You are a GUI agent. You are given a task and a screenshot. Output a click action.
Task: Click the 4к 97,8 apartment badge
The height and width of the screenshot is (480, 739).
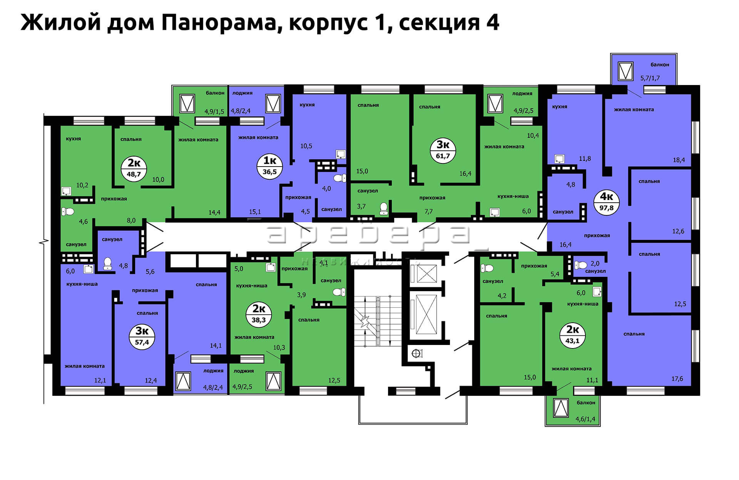(607, 202)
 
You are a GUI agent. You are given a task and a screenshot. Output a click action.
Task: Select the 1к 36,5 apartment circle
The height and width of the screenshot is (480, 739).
(269, 166)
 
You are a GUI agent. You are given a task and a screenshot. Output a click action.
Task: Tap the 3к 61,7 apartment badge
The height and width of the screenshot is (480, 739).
(443, 150)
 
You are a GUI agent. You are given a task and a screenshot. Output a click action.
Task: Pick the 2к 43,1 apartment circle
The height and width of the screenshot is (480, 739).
(572, 335)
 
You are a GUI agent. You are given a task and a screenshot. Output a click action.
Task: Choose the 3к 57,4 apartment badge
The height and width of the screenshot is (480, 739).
(142, 337)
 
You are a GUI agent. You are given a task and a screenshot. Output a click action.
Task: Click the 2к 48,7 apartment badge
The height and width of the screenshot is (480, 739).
(134, 168)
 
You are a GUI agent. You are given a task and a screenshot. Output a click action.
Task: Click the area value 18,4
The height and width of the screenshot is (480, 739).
(679, 160)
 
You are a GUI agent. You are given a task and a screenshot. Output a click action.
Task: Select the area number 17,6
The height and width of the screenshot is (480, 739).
(677, 379)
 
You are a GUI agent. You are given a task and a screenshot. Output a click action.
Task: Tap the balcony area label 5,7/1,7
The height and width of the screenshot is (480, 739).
(650, 78)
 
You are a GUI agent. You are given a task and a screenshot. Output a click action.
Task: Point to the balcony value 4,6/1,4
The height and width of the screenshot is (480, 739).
(585, 419)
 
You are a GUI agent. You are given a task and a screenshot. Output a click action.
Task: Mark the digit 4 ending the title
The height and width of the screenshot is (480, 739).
(493, 22)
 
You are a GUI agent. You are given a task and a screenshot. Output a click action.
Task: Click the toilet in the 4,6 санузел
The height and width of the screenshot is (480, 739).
(68, 212)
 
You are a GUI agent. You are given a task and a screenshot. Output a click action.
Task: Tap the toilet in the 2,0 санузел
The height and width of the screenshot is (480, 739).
(581, 265)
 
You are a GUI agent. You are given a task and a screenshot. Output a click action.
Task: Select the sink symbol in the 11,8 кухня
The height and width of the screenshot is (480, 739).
(559, 159)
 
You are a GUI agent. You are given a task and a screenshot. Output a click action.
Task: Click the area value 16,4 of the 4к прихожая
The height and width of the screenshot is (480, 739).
(565, 245)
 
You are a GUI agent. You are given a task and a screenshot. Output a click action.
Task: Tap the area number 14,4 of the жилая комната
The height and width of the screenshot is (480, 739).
(214, 212)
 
